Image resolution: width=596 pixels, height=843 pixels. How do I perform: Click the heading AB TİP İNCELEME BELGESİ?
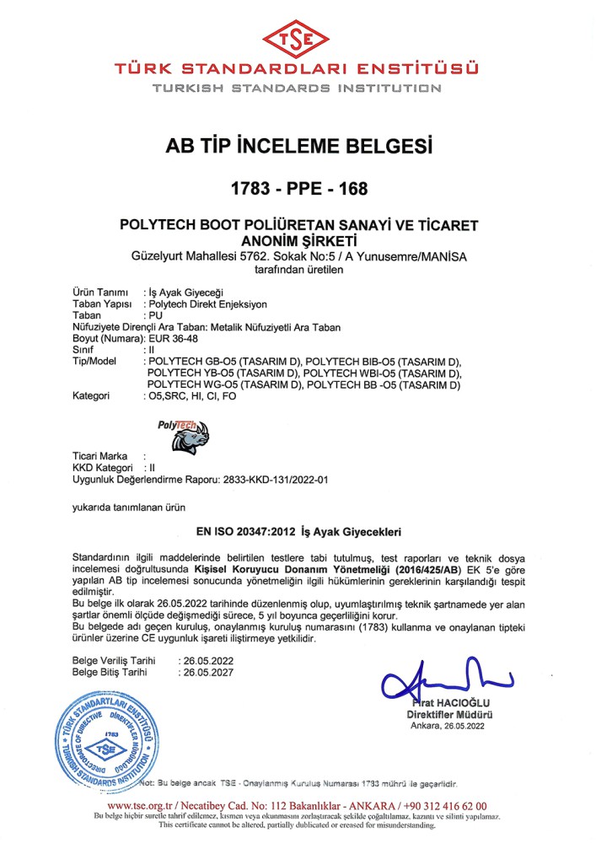pyautogui.click(x=297, y=148)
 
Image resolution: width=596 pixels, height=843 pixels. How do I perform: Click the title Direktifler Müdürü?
pyautogui.click(x=448, y=714)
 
